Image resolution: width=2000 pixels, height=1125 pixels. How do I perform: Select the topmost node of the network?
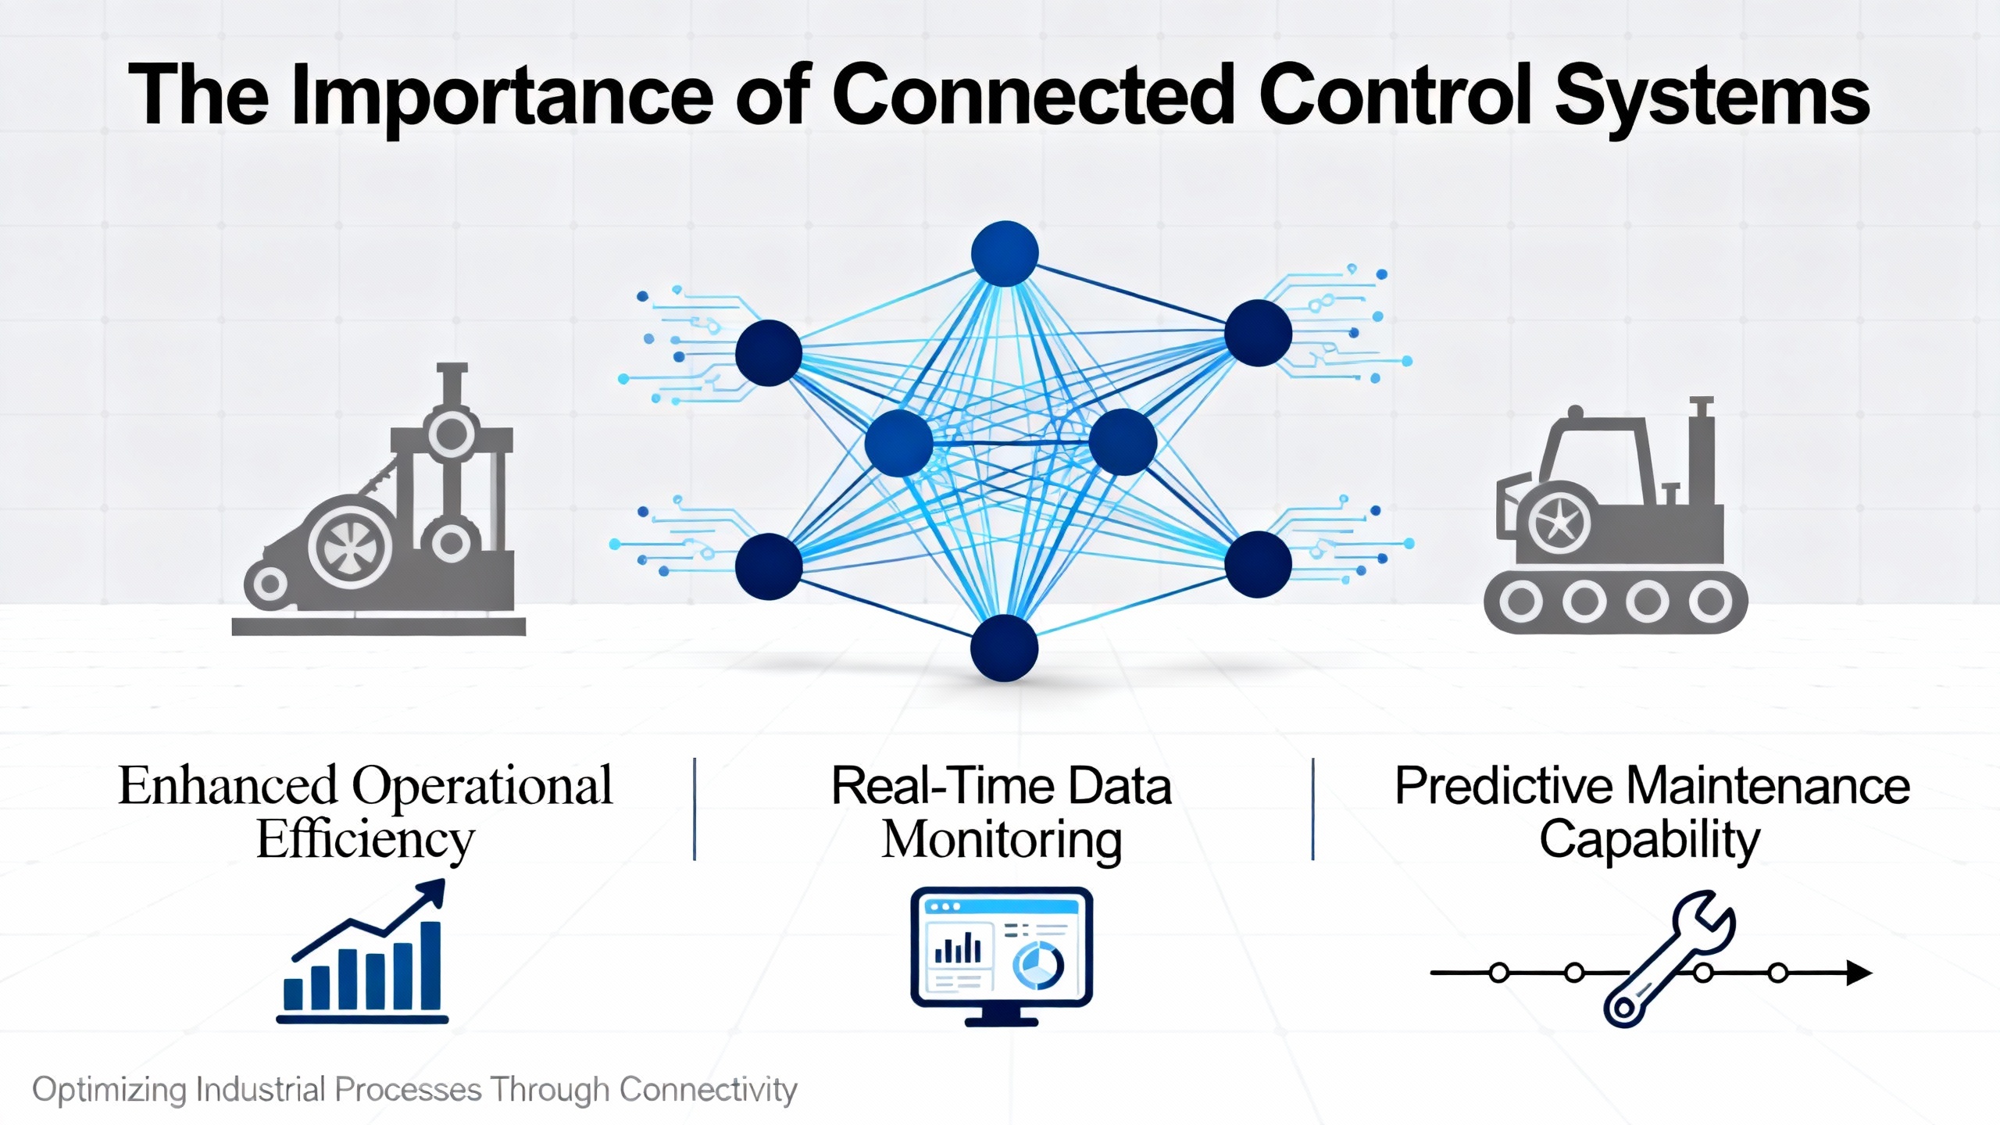coord(1005,253)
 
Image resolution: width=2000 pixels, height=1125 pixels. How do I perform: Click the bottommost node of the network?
coord(1004,648)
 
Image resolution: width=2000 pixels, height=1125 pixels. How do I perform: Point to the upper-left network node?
coord(769,353)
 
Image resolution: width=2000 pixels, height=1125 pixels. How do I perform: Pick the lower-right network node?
coord(1258,564)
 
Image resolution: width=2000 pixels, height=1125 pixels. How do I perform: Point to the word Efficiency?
coord(365,841)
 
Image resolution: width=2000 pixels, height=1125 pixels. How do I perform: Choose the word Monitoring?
coord(1002,841)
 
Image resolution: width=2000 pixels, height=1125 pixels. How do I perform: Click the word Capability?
coord(1650,841)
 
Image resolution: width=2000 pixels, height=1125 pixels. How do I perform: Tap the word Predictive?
coord(1504,786)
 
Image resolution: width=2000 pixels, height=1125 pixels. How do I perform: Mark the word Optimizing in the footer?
coord(109,1090)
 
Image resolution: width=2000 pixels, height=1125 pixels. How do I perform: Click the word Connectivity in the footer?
coord(708,1090)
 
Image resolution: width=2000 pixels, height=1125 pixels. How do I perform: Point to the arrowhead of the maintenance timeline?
coord(1859,973)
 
